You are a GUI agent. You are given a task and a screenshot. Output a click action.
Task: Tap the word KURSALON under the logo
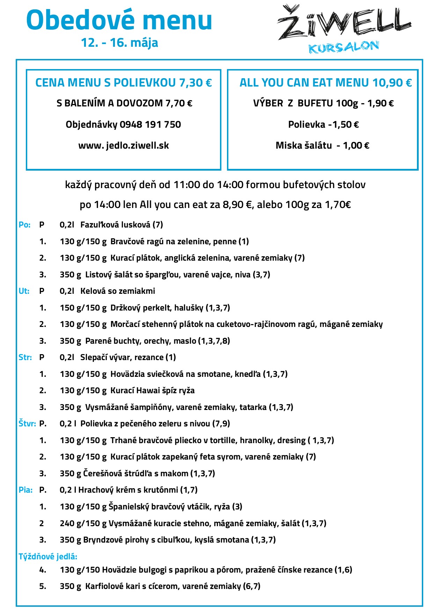point(344,47)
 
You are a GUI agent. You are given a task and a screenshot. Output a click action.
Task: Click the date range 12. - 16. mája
point(119,43)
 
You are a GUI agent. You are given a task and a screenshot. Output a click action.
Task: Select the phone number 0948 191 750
point(150,125)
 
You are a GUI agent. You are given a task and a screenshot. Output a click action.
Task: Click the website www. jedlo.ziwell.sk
point(124,145)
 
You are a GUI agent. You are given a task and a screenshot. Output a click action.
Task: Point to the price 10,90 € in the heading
point(392,83)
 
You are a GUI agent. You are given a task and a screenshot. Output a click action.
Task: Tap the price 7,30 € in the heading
point(195,83)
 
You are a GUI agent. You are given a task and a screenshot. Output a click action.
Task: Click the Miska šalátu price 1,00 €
point(356,145)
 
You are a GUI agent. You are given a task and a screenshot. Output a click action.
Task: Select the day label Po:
point(24,225)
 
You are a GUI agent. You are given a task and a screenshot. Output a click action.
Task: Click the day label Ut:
point(24,291)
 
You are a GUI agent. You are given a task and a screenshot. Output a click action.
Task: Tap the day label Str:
point(25,357)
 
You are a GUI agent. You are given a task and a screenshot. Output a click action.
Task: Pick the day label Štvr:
point(27,424)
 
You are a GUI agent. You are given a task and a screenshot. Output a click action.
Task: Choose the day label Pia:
point(25,490)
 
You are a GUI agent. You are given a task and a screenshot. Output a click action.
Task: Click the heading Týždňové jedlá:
point(48,557)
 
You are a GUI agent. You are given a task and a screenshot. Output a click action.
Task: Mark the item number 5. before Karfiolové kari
point(43,586)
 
